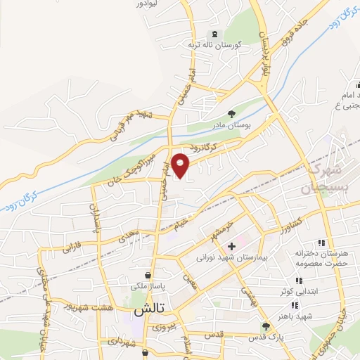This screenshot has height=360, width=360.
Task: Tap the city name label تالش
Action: [x=148, y=309]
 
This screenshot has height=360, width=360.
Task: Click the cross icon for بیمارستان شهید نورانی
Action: [x=231, y=246]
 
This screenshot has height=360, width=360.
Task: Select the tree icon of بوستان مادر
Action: [x=231, y=113]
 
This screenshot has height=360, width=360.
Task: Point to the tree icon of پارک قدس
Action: [x=265, y=326]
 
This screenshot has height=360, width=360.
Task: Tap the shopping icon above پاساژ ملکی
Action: [x=148, y=274]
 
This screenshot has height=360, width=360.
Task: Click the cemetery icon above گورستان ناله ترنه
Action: [x=214, y=34]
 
